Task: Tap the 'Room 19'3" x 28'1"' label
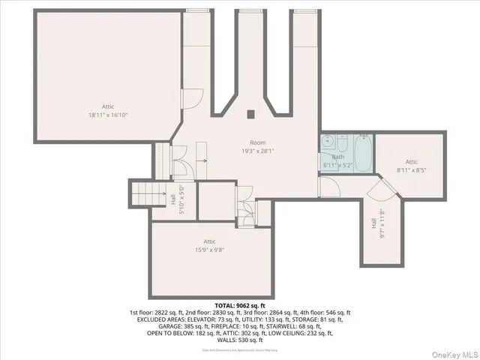(258, 146)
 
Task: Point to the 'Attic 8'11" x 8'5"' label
(411, 166)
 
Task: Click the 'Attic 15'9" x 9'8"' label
(209, 245)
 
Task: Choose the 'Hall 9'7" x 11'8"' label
(379, 223)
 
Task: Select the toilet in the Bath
(342, 142)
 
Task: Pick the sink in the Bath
(328, 142)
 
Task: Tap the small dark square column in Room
(251, 114)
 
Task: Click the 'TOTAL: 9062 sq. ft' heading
(240, 305)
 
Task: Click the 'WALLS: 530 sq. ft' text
(240, 340)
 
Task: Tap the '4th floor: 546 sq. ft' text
(327, 312)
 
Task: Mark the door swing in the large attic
(192, 97)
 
